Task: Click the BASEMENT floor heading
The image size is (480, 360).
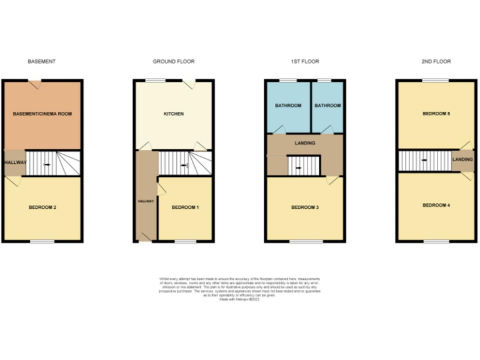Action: [42, 61]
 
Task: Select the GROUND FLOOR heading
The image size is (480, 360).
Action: [174, 61]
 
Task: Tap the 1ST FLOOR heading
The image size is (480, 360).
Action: [305, 61]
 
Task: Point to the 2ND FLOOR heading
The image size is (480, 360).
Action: [436, 61]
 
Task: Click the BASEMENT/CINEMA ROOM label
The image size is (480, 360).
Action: [42, 114]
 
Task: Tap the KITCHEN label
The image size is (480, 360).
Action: [174, 114]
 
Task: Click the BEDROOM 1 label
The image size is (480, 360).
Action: [185, 207]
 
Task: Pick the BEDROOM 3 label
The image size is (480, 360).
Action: [304, 207]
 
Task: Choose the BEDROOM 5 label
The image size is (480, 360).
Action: [436, 114]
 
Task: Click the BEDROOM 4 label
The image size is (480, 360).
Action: [436, 205]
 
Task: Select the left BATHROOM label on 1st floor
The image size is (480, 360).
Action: [288, 106]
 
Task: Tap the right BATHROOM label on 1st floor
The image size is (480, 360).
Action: [327, 106]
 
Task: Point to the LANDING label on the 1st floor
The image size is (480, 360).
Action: [305, 143]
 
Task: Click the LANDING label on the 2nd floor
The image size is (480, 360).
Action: [463, 160]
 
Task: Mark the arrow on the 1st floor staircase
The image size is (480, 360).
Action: [299, 167]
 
